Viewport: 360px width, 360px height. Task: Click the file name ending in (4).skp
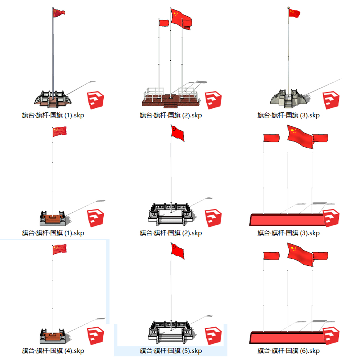click(53, 351)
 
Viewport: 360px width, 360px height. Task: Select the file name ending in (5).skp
click(171, 351)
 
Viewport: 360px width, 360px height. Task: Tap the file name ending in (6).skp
click(288, 351)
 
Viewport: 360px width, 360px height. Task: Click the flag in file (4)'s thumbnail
click(59, 249)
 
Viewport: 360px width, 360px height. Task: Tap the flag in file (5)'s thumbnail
click(177, 251)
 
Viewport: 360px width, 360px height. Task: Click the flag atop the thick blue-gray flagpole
click(59, 13)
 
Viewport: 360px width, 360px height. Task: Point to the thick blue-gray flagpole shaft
click(53, 54)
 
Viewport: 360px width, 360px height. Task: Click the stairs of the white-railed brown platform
click(170, 105)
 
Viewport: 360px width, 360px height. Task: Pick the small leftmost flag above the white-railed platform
click(164, 23)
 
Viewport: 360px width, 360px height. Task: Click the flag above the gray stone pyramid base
click(294, 13)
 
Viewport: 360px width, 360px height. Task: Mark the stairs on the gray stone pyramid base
click(288, 104)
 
